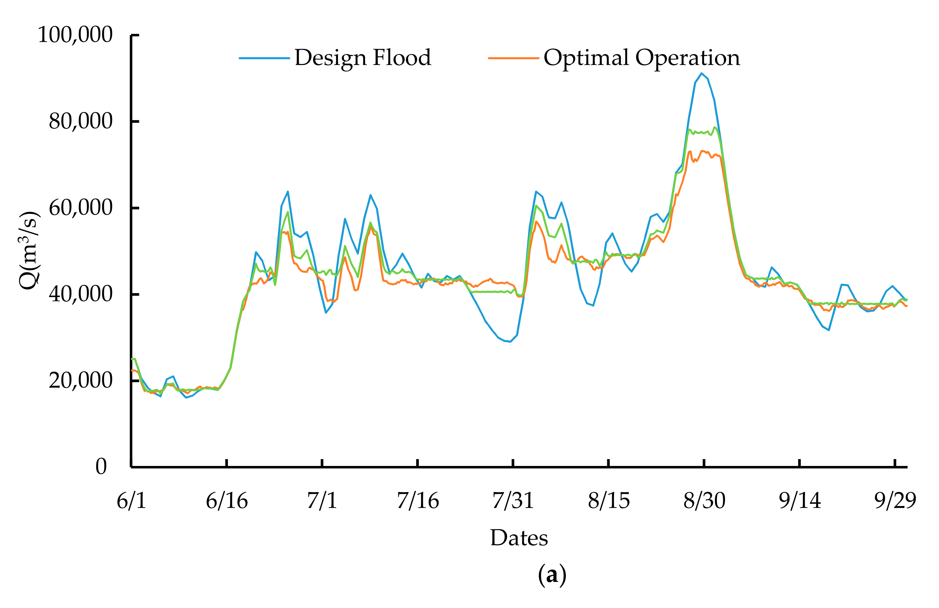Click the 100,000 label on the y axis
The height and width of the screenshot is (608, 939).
tap(75, 35)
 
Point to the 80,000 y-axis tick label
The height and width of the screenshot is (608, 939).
tap(81, 121)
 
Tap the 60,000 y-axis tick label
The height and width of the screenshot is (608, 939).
tap(81, 208)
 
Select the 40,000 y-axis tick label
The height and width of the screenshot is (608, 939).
tap(81, 294)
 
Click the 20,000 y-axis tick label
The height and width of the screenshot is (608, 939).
tap(81, 380)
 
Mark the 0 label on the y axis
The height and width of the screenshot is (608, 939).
tap(101, 467)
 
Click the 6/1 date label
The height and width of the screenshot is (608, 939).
tap(132, 501)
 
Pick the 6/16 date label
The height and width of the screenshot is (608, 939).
tap(227, 501)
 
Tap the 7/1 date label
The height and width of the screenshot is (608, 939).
tap(322, 501)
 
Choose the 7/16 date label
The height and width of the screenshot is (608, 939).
tap(418, 501)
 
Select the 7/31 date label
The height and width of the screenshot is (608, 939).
tap(513, 501)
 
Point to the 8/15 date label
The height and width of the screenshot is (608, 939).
tap(609, 501)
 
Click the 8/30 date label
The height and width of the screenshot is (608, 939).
tap(704, 501)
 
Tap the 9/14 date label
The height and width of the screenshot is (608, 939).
tap(800, 501)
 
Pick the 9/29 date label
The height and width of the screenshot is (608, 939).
tap(895, 501)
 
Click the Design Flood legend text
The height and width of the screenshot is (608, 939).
tap(363, 58)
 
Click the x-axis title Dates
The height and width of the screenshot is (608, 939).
tap(519, 538)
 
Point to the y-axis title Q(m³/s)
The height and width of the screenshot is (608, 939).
tap(30, 250)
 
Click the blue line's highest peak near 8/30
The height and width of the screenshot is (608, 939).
tap(701, 73)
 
